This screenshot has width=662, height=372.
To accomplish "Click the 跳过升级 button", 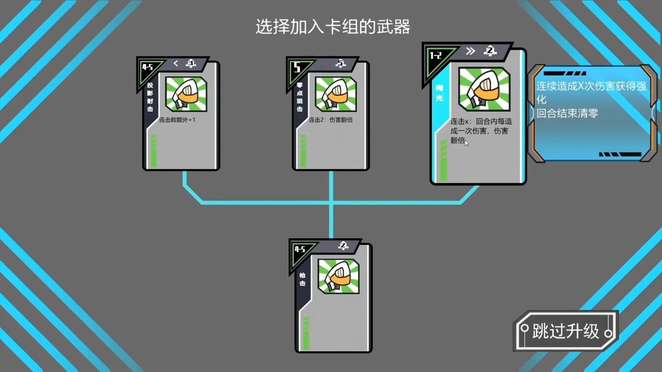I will pos(566,331).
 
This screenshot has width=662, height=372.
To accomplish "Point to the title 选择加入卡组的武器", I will pos(333,27).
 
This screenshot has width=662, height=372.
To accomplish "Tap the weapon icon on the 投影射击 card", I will pos(186,94).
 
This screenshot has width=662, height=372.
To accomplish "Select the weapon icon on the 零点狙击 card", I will pos(336,94).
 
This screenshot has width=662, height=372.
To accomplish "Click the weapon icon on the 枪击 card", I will pos(338,276).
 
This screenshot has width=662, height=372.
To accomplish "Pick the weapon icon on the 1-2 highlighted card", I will pos(484,89).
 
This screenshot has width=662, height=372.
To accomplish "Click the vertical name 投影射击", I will pos(150,97).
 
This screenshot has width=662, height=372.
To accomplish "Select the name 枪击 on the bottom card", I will pos(302,279).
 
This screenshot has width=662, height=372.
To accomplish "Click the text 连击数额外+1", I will pos(177,120).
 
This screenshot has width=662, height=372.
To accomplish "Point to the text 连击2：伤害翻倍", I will pos(330,120).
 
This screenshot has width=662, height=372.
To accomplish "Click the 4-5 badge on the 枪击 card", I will pos(300,250).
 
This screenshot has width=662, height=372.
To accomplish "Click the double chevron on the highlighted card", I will pos(470,51).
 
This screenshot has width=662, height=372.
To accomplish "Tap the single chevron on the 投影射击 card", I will pos(176,64).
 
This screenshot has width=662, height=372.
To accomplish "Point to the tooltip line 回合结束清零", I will pos(567,113).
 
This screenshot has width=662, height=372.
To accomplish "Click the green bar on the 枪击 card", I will pos(306,333).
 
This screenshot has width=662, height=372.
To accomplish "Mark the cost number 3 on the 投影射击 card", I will pos(191,64).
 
